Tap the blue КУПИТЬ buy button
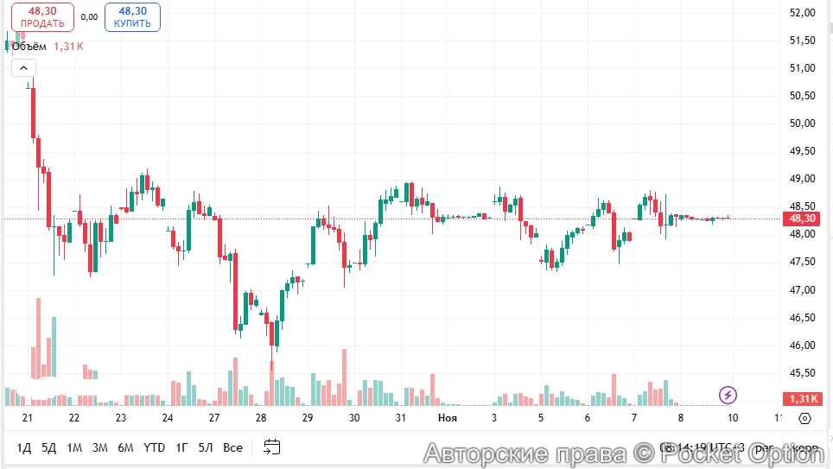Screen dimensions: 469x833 (x=132, y=17)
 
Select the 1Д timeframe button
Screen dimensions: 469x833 (x=24, y=447)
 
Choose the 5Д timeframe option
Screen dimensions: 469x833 (x=49, y=447)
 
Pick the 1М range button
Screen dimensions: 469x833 (x=74, y=447)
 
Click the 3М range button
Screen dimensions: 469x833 (x=100, y=447)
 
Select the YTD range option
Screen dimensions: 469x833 (x=154, y=447)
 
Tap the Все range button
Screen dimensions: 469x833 (x=232, y=447)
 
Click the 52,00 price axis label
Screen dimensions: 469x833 (x=803, y=13)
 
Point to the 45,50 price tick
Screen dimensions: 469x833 (x=803, y=373)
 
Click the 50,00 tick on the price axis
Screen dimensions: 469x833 (x=803, y=124)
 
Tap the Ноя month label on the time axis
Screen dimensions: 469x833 (x=448, y=418)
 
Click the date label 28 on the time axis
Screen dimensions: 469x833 (x=261, y=418)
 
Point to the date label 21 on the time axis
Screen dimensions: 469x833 (x=28, y=418)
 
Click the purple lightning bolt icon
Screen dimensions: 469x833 (x=728, y=396)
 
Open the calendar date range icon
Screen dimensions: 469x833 (x=272, y=447)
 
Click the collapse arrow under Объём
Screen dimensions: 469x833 (x=23, y=67)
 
